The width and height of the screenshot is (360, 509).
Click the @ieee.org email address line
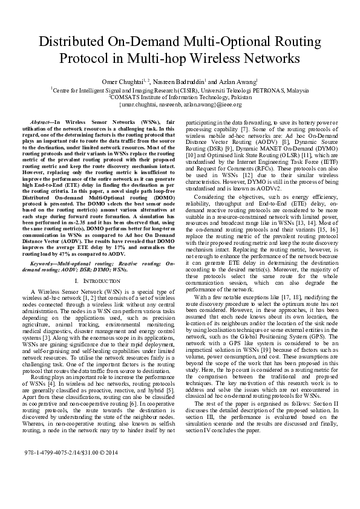click(x=180, y=104)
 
